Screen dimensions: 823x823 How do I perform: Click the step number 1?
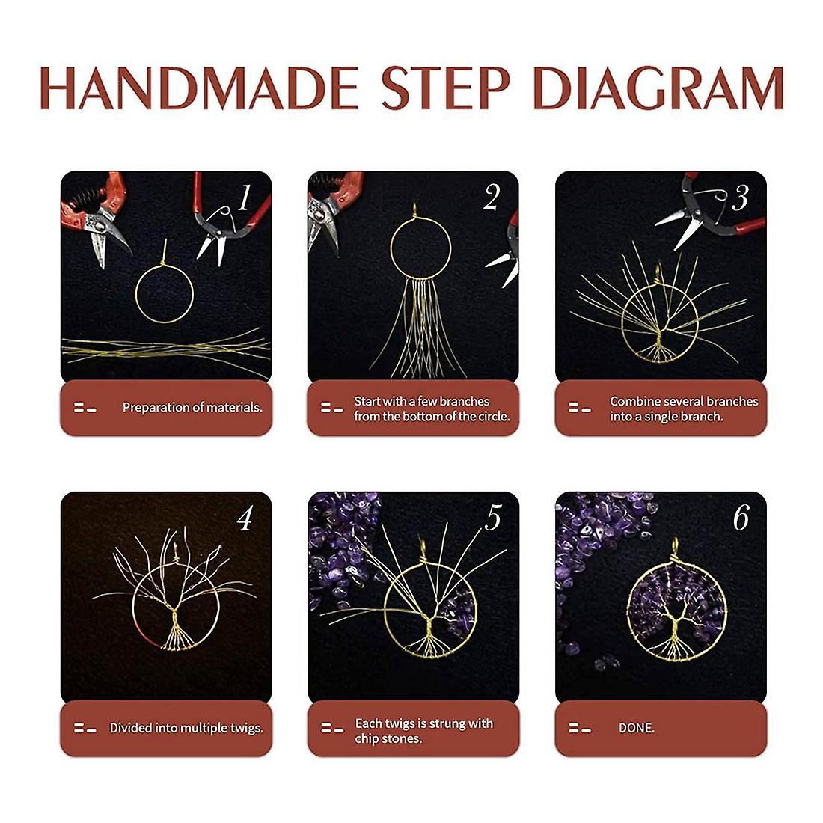click(244, 198)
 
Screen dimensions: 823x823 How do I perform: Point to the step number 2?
click(492, 198)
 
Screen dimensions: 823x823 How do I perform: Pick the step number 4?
click(245, 518)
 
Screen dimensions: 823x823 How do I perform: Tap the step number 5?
click(493, 518)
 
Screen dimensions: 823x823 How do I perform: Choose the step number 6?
click(741, 518)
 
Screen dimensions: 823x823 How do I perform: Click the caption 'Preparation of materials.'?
click(192, 407)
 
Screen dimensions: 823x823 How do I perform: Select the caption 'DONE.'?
click(636, 728)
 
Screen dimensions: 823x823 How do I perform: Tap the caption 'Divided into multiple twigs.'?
click(186, 728)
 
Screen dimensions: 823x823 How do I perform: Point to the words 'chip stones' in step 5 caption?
click(387, 739)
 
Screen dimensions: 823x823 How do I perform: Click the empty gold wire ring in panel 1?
click(136, 294)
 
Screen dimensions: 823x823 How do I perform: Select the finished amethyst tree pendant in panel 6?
click(677, 601)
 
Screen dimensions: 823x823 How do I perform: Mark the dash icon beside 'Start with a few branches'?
click(331, 407)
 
